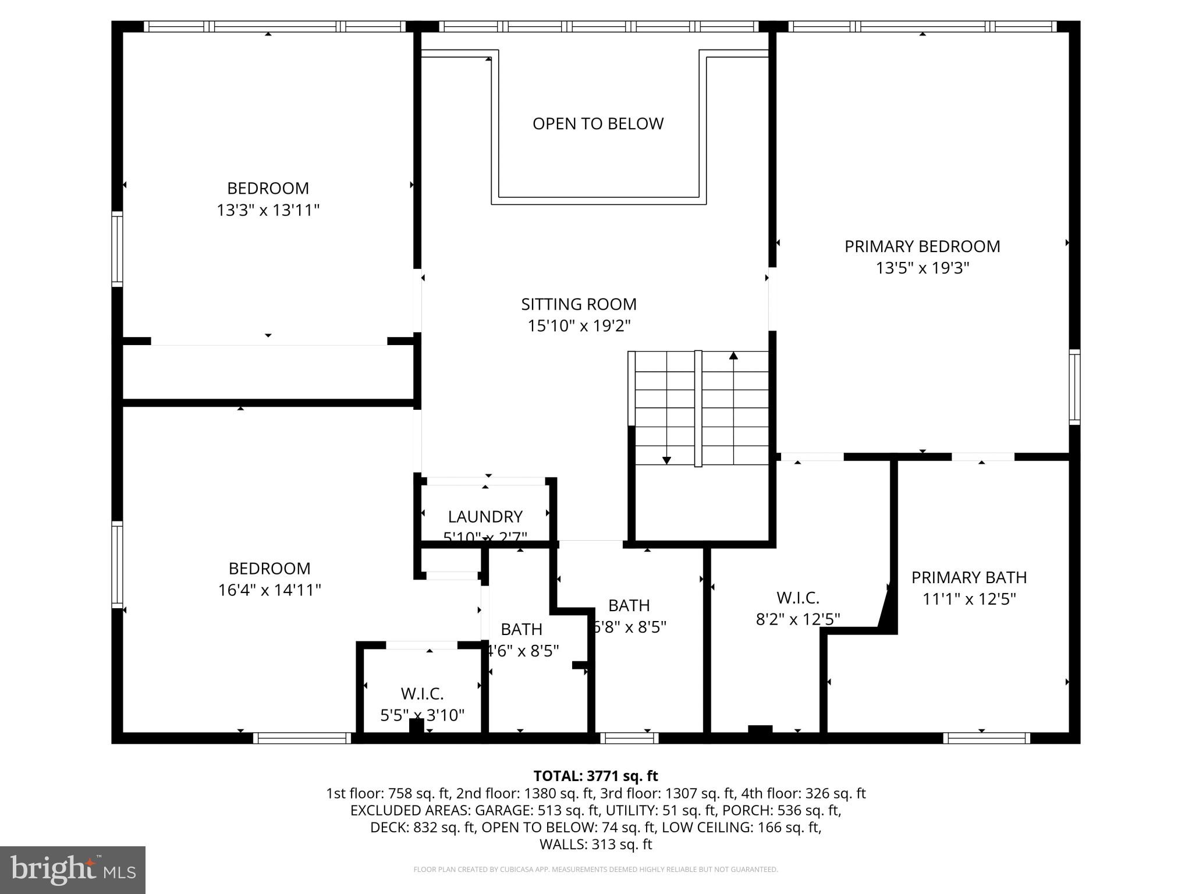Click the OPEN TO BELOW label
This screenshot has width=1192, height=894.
point(598,123)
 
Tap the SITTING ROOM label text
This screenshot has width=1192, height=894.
point(579,304)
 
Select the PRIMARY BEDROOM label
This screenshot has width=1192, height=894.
point(922,246)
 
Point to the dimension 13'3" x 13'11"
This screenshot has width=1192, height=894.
point(268,210)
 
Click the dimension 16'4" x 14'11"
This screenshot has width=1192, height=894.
point(269,590)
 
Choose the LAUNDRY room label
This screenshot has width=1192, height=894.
point(485,516)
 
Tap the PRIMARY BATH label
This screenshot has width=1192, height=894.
point(968,577)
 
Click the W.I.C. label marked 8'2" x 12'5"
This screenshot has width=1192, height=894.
point(797,598)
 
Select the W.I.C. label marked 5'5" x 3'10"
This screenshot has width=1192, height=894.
point(422,694)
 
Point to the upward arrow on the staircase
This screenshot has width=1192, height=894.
point(733,356)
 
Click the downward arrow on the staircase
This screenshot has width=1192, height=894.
point(666,460)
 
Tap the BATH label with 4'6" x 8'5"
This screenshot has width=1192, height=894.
point(521,629)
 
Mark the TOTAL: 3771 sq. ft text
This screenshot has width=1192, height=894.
point(595,776)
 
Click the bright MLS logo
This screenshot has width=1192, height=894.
point(73,870)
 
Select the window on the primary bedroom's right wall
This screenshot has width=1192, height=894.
point(1074,386)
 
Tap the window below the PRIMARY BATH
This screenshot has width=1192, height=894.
point(986,738)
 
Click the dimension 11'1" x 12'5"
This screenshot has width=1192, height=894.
point(968,599)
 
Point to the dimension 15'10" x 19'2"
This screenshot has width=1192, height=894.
point(579,326)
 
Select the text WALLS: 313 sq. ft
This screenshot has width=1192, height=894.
point(595,844)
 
